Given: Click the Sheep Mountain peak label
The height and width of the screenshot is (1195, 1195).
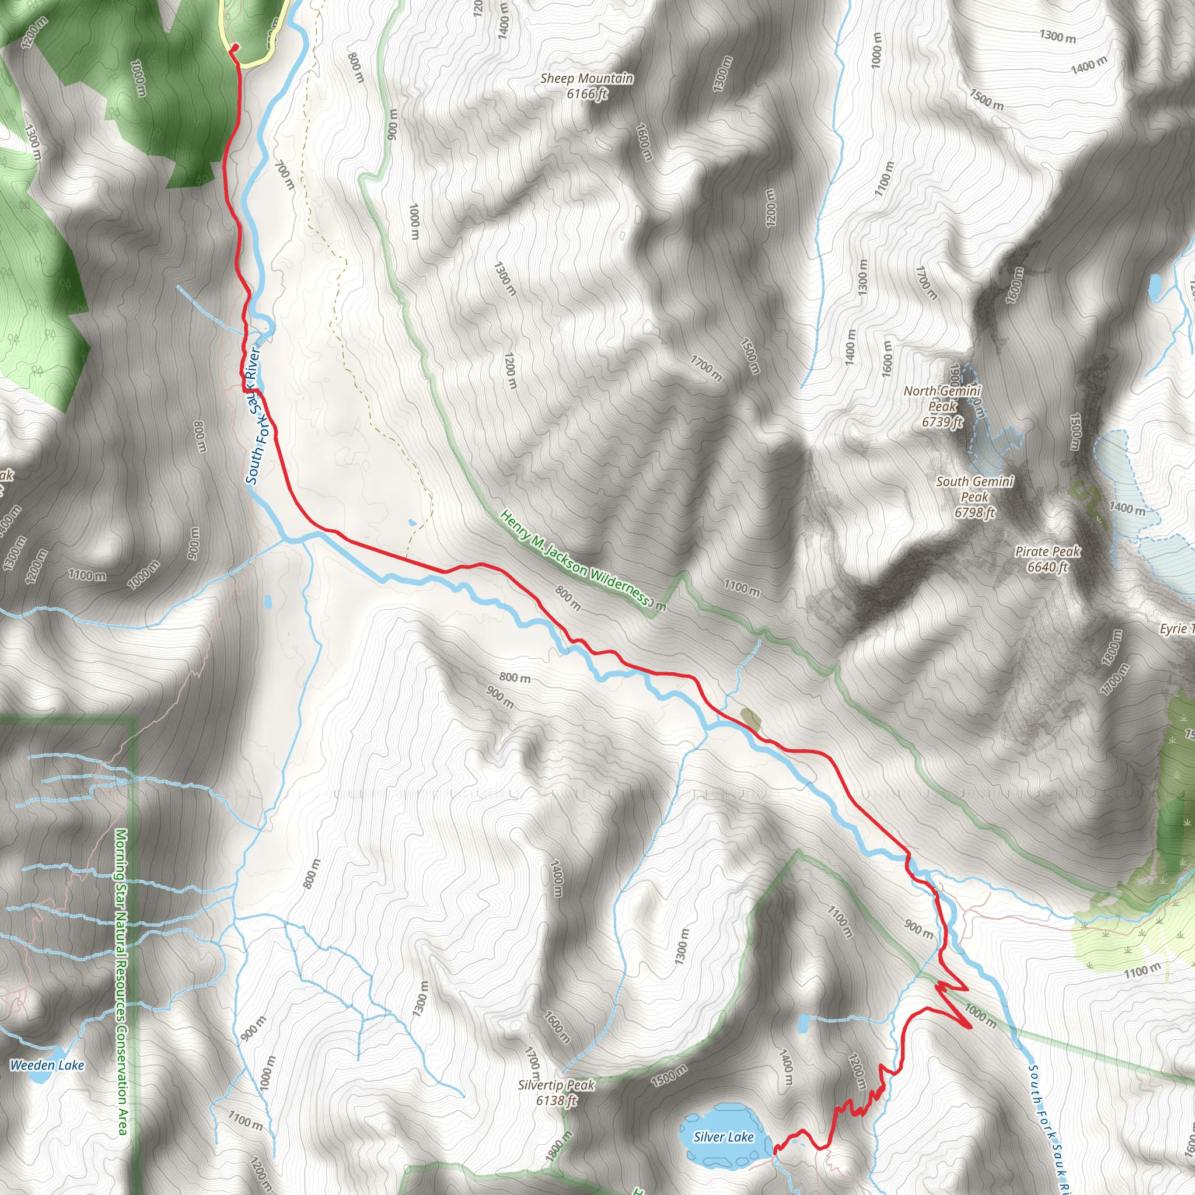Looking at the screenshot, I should click(586, 79).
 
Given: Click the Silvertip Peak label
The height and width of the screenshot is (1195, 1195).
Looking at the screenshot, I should click(556, 1085).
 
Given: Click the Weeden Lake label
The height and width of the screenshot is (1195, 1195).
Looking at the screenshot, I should click(47, 1065).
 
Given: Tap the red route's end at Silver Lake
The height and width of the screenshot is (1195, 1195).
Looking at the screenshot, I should click(774, 1149).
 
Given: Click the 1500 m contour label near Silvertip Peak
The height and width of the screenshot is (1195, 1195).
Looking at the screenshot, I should click(668, 1076).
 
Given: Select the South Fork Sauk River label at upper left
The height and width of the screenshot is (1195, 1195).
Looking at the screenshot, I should click(254, 415).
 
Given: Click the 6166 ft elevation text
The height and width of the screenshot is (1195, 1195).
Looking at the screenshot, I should click(587, 94).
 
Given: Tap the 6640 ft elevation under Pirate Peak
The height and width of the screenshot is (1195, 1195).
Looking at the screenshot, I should click(1048, 567).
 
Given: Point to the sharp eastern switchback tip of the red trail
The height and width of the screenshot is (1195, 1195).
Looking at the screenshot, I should click(972, 1028).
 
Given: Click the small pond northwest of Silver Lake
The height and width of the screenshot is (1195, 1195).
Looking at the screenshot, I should click(803, 1024).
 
